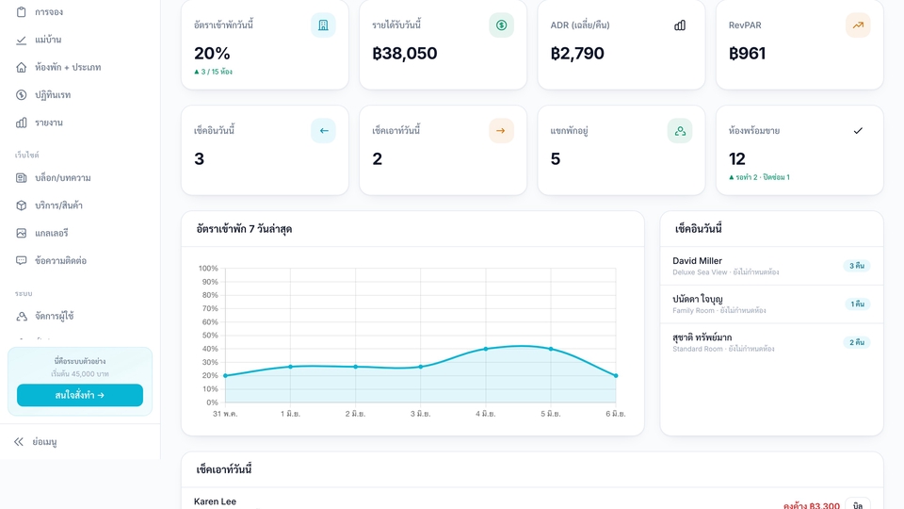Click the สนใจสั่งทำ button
tap(79, 395)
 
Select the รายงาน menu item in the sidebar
tap(48, 123)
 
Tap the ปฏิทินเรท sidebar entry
tap(53, 94)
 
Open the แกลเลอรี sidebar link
tap(51, 233)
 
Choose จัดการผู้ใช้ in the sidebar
tap(55, 317)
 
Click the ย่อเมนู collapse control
tap(44, 442)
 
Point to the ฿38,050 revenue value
tap(405, 53)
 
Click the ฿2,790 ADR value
tap(577, 53)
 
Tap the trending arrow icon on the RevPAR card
tap(858, 25)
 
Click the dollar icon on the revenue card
tap(502, 25)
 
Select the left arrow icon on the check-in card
tap(323, 131)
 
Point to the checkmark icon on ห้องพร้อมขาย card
tap(858, 131)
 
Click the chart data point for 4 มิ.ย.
tap(486, 349)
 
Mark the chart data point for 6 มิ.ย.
tap(616, 376)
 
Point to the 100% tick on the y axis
tap(208, 269)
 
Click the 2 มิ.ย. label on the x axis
tap(355, 414)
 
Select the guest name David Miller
tap(697, 261)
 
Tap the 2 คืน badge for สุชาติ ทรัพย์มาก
tap(856, 342)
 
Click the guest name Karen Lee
tap(215, 501)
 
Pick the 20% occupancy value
tap(212, 53)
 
